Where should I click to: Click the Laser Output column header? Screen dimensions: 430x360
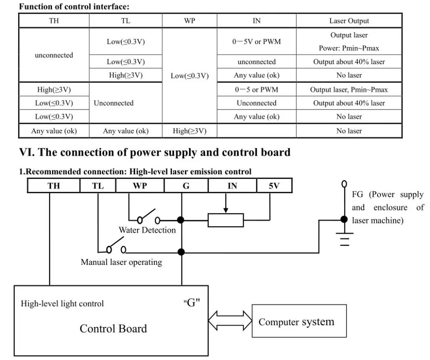point(349,21)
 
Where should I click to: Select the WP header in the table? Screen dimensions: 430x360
point(190,21)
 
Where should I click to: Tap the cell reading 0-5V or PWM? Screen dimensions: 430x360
point(256,41)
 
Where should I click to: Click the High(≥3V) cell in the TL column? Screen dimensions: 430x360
point(126,75)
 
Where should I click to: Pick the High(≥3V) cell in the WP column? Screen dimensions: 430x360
point(190,131)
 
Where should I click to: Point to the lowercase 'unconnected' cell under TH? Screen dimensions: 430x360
point(54,55)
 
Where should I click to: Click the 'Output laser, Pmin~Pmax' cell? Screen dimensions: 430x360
point(349,89)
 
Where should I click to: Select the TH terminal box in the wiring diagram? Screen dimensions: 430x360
point(54,186)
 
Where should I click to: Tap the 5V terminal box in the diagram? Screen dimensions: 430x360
point(274,186)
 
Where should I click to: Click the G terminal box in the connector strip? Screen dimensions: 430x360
point(186,186)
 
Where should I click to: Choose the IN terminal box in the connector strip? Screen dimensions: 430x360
point(232,186)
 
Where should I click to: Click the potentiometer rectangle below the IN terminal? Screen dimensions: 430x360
point(226,220)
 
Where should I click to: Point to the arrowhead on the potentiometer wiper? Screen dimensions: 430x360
point(226,210)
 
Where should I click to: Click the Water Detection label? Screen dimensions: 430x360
point(147,230)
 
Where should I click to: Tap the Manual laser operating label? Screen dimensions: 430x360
point(121,262)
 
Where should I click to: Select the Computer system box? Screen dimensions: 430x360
point(299,321)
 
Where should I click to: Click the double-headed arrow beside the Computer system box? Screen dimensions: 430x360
point(230,320)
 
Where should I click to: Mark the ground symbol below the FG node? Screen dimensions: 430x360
point(344,239)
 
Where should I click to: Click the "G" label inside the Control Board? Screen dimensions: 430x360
point(191,303)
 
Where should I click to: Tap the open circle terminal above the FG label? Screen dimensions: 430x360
point(344,184)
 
